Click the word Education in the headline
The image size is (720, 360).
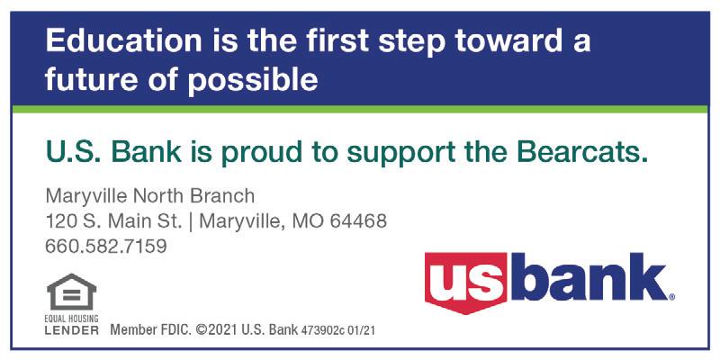click(123, 40)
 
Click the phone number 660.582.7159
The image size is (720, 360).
click(105, 246)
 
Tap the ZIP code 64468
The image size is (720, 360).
click(358, 221)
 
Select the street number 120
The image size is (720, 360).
click(58, 221)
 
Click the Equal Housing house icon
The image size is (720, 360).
click(72, 292)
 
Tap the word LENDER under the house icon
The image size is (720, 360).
click(72, 330)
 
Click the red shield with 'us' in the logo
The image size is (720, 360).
click(465, 283)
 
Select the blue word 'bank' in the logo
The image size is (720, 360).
click(589, 276)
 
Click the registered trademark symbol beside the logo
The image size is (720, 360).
click(671, 297)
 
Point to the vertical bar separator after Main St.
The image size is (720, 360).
click(191, 222)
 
